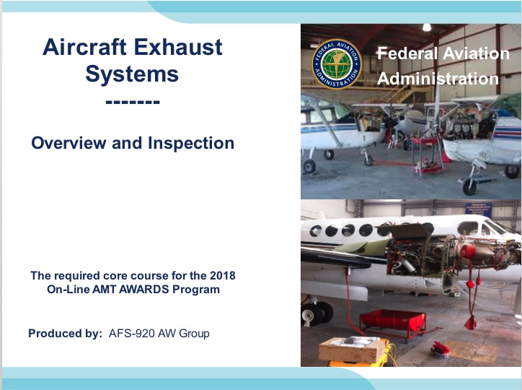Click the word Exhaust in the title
pyautogui.click(x=178, y=47)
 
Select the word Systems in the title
pyautogui.click(x=132, y=74)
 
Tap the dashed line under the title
pyautogui.click(x=133, y=103)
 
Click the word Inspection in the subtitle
pyautogui.click(x=191, y=143)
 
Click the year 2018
pyautogui.click(x=222, y=276)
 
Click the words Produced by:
pyautogui.click(x=65, y=334)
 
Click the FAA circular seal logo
pyautogui.click(x=337, y=64)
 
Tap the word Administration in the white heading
pyautogui.click(x=438, y=79)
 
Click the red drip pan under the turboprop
pyautogui.click(x=393, y=321)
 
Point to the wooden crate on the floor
pyautogui.click(x=352, y=350)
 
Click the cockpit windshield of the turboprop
pyautogui.click(x=496, y=227)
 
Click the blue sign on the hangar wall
pyautogui.click(x=479, y=209)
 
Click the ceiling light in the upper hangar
pyautogui.click(x=426, y=27)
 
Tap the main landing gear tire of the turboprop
pyautogui.click(x=313, y=314)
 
